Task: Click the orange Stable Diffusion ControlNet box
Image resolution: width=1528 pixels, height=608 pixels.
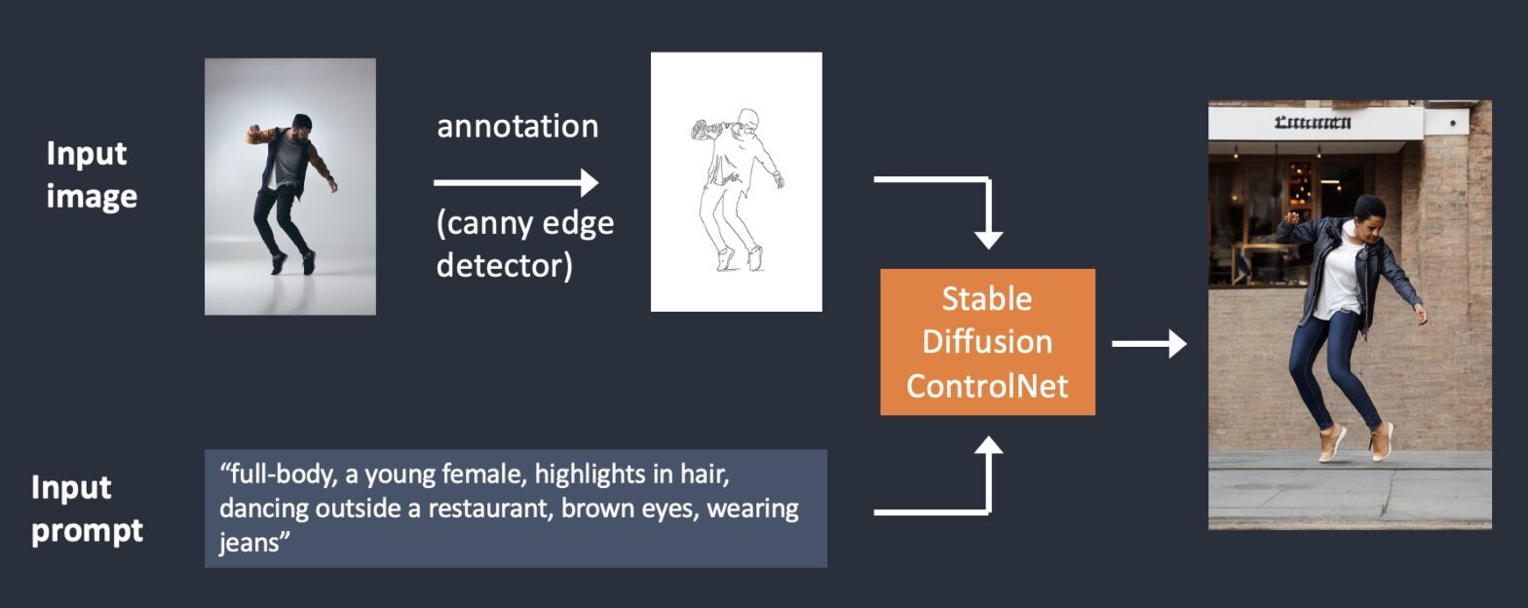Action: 987,341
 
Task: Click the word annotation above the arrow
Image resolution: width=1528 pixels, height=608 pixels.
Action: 517,127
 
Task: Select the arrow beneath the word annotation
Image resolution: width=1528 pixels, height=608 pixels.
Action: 516,182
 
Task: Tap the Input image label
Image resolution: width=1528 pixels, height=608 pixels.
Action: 92,174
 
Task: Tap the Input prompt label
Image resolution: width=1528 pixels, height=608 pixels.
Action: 87,509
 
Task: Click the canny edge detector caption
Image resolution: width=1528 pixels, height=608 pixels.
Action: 524,244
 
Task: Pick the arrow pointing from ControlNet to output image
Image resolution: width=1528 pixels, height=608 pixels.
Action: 1149,343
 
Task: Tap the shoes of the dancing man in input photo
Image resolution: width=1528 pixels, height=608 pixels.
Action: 292,263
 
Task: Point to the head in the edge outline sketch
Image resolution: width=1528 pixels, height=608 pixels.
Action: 746,121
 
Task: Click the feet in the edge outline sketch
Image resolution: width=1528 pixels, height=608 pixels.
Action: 739,258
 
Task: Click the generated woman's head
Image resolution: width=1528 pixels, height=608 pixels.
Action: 1368,209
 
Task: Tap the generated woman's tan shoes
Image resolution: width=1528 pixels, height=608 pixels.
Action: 1355,444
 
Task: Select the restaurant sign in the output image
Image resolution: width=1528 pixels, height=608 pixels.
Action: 1313,123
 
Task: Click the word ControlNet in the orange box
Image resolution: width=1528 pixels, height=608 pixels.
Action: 987,385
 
